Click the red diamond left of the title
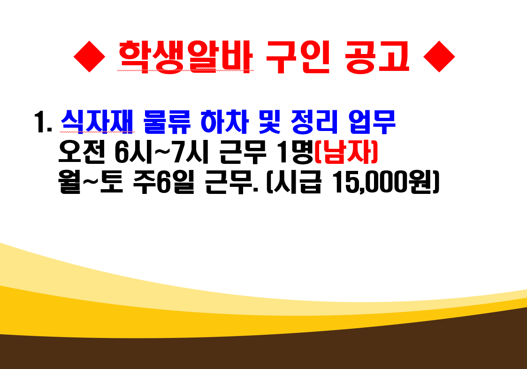90,56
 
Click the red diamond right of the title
439,56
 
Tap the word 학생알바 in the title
185,56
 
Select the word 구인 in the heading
298,56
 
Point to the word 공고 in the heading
377,56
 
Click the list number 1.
43,122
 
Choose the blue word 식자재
97,122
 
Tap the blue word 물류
167,122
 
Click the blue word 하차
224,122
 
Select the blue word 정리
314,122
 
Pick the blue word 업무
372,122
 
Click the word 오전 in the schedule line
82,152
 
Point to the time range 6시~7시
162,152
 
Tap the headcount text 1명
294,152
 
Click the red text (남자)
346,152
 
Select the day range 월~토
91,182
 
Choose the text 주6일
164,182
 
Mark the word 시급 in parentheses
298,182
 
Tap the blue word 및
269,122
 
